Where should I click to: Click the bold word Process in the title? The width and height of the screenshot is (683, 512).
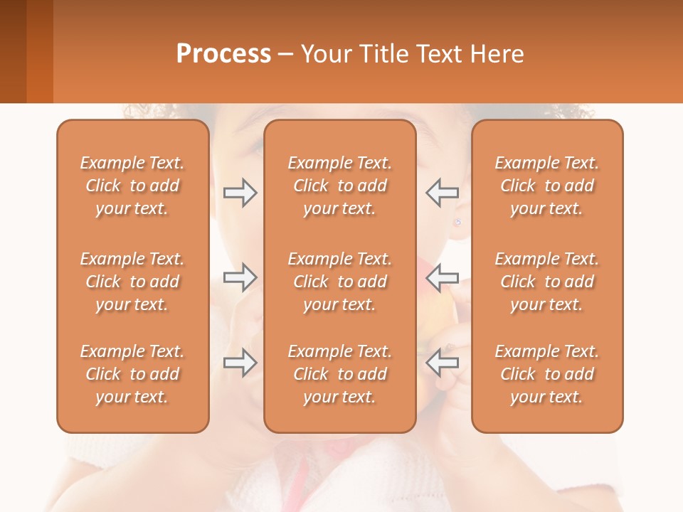(223, 54)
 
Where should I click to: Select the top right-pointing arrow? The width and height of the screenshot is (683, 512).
(240, 193)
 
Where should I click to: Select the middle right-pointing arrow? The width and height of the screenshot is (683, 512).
(240, 277)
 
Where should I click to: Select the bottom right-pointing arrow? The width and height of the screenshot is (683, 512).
(240, 363)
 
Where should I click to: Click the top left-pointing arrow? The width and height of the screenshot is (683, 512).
(443, 192)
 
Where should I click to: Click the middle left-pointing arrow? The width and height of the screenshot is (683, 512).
(443, 277)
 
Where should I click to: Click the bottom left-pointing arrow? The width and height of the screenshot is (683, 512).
(443, 363)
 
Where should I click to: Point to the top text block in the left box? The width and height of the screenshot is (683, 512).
(132, 186)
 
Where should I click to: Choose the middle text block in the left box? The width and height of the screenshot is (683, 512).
(132, 282)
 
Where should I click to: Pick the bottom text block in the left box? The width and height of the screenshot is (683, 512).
(132, 374)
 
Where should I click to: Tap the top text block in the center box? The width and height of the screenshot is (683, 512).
(340, 186)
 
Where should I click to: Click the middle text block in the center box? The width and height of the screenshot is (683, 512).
(340, 282)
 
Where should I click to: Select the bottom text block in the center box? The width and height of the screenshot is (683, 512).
(340, 374)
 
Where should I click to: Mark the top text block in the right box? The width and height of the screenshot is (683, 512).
(547, 186)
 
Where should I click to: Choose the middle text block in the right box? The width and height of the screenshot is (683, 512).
(547, 282)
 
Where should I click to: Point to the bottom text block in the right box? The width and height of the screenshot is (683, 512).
(547, 374)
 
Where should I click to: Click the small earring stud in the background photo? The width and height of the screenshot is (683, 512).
(457, 222)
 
